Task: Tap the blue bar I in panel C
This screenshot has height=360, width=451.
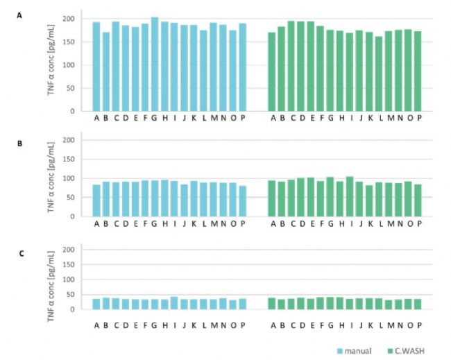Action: (x=174, y=303)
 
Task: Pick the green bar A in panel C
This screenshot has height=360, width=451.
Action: (x=272, y=304)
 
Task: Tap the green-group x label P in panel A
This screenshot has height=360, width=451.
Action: (x=419, y=118)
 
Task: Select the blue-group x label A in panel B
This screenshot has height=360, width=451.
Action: (x=96, y=223)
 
